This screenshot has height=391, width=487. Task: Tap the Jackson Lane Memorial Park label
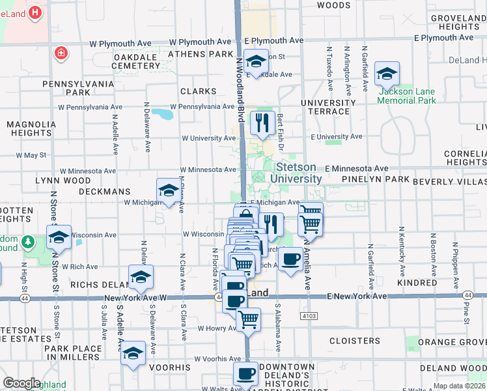(x=407, y=96)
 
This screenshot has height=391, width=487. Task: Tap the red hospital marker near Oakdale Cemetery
(x=61, y=53)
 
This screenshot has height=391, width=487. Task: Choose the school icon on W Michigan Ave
(x=168, y=191)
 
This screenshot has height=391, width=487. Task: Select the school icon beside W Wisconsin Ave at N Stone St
(x=59, y=238)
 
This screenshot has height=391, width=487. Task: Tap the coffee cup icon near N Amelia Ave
(x=290, y=259)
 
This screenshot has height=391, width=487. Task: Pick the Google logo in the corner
(x=21, y=383)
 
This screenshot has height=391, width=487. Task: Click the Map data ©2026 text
(x=459, y=386)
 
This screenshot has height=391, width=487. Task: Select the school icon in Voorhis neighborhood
(x=133, y=353)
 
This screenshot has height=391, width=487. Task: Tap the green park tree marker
(x=27, y=242)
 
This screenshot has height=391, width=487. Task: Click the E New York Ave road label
(x=357, y=297)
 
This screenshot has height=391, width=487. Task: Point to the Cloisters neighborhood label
(x=354, y=341)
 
